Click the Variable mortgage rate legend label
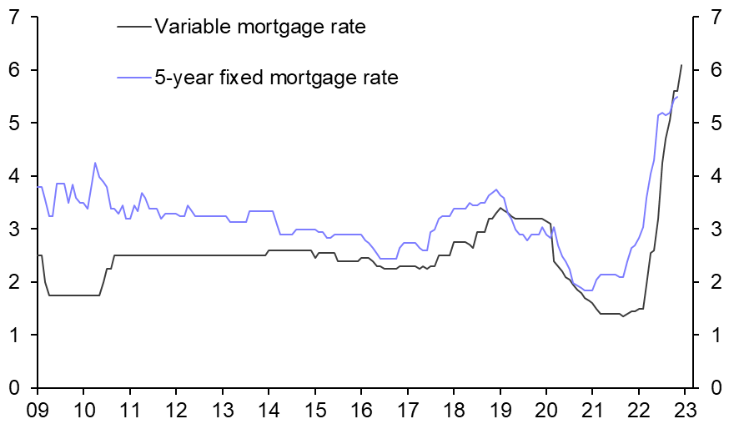260,27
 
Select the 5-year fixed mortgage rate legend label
276,78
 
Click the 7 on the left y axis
16,17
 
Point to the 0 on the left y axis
16,388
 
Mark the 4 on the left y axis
16,176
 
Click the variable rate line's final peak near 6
681,65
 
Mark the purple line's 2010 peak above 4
95,163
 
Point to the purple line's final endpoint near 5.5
677,97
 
